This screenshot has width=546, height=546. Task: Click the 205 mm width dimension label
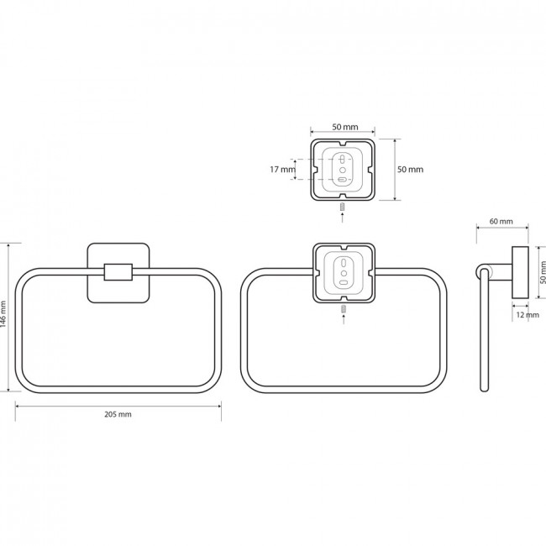[x=118, y=414]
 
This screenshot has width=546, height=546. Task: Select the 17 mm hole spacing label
[x=282, y=170]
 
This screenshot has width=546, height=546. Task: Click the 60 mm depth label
[x=501, y=221]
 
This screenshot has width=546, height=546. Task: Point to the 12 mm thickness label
[x=528, y=315]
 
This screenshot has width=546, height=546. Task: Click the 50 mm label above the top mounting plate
[x=344, y=127]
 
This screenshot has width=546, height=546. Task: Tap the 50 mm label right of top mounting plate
[x=410, y=170]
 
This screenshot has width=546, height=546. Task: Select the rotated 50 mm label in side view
[x=543, y=273]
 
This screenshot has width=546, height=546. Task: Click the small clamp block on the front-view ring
[x=118, y=272]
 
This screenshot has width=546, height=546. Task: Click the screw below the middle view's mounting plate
[x=344, y=308]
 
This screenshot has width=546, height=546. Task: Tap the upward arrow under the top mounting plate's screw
[x=342, y=218]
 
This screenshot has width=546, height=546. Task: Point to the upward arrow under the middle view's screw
[x=344, y=319]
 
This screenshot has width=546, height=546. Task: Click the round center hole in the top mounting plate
[x=343, y=170]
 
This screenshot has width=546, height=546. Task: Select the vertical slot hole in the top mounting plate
[x=343, y=160]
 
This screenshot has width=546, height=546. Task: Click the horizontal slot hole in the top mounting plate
[x=343, y=180]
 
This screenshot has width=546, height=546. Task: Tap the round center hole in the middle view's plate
[x=344, y=273]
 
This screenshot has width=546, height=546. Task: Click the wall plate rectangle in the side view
[x=520, y=272]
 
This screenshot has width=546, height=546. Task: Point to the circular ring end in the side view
[x=483, y=271]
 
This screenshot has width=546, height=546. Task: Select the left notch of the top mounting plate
[x=314, y=170]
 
